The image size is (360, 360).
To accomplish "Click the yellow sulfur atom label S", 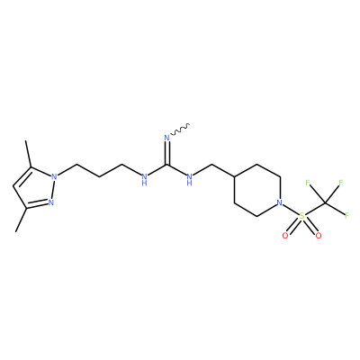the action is coord(302,216).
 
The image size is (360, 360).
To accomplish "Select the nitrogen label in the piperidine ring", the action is coord(280,202).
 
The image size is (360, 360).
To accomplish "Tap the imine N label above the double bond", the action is coord(166,138).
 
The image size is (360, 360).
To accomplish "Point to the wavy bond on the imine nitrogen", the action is coord(179,130).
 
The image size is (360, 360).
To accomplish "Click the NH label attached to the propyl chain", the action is coord(144,179).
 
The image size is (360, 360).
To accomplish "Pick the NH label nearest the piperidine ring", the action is coord(189,179).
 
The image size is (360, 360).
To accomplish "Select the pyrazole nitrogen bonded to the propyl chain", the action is coord(54,176).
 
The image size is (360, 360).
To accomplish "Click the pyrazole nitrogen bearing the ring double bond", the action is coord(51,202).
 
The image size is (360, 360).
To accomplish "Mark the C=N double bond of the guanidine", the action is coord(166,153).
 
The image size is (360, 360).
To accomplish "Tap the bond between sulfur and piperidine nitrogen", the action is coord(291,209).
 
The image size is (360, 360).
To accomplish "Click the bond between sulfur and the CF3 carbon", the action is coord(313,210).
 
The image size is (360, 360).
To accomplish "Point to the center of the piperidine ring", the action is coord(257,190).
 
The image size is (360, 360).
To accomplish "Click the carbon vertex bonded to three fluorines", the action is coord(325,203).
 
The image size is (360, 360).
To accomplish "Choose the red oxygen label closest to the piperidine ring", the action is coord(285,236).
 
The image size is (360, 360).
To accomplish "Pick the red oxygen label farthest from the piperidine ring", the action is coord(319,236).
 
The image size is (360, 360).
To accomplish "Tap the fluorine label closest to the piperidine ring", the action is coord(307,183).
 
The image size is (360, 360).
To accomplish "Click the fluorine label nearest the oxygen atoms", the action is coord(346,215).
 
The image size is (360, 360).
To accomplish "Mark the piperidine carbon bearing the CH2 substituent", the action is coord(234,176).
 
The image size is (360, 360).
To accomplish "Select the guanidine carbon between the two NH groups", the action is coord(166,164).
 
